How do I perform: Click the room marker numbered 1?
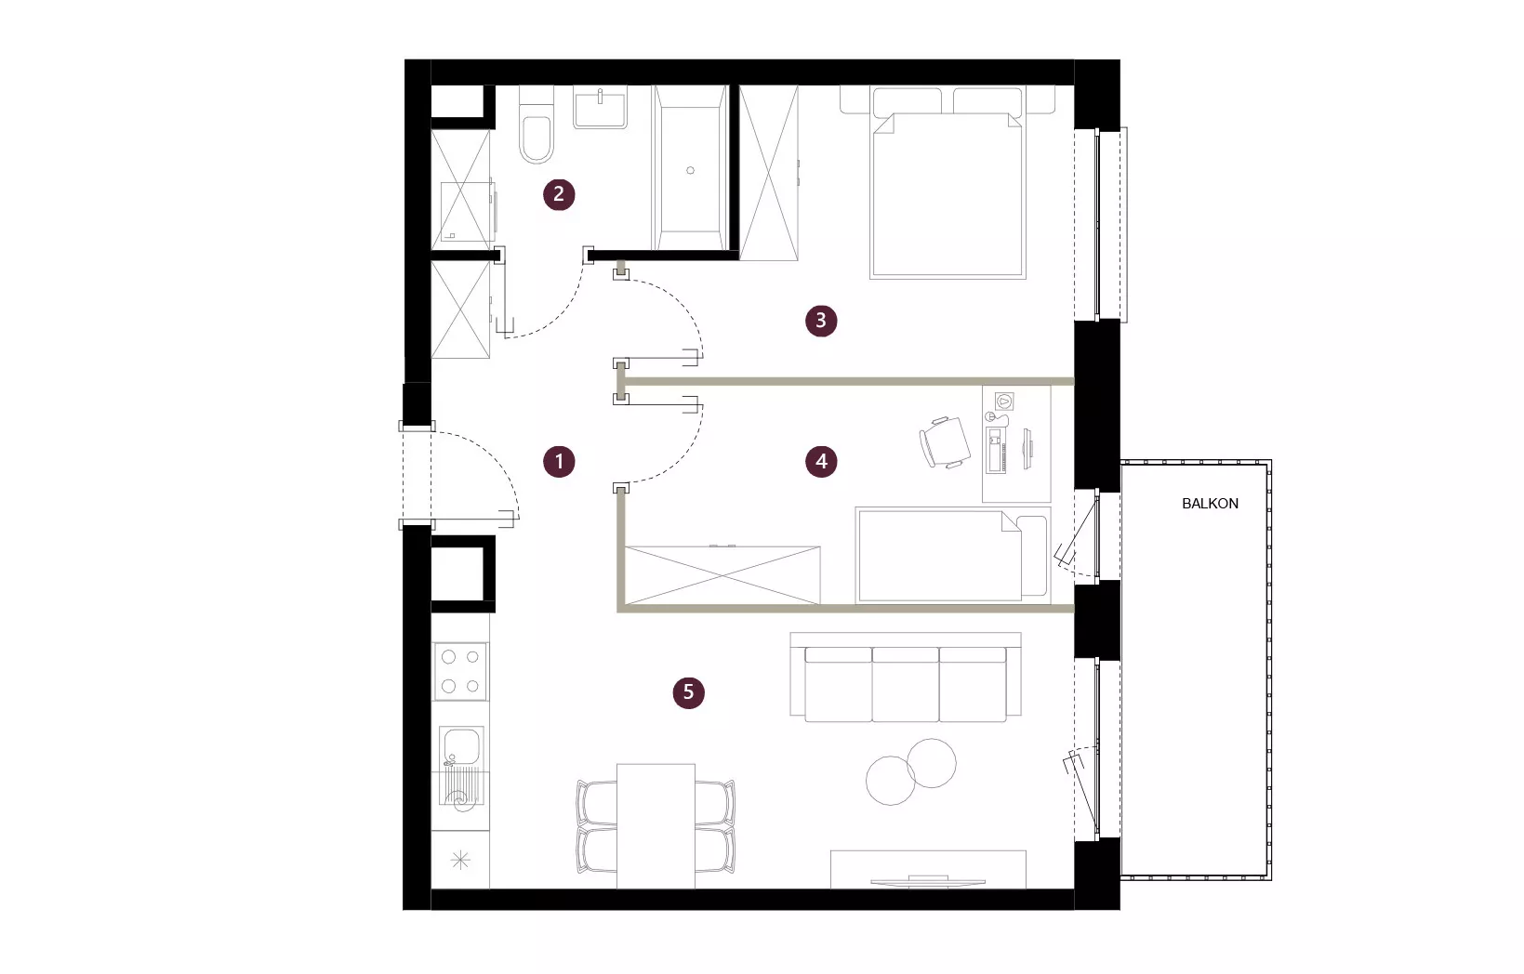point(559,462)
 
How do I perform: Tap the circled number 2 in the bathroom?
point(559,194)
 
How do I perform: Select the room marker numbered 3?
point(821,321)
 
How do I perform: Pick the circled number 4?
point(821,462)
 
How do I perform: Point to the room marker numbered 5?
point(688,692)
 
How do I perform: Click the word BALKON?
point(1210,504)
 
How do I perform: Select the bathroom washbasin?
point(600,108)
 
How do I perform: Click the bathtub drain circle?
point(691,171)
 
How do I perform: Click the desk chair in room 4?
point(945,442)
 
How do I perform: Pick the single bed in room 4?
point(952,556)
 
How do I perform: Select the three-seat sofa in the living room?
point(906,678)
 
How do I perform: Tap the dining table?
point(656,825)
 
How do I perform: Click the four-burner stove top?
point(460,672)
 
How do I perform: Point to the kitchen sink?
point(461,766)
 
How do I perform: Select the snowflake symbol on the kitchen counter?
point(460,861)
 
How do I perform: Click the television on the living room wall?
point(928,881)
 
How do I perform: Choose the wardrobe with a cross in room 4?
point(722,574)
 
